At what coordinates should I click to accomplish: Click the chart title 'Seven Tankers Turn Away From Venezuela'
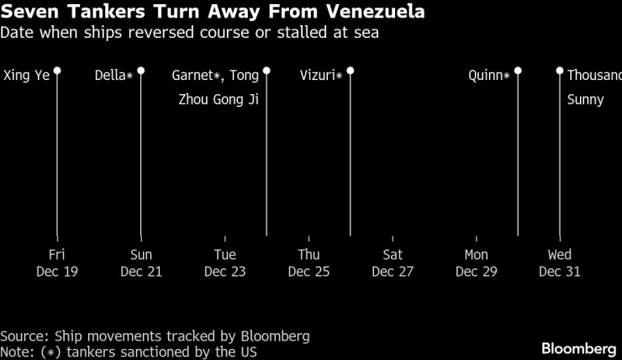coord(212,13)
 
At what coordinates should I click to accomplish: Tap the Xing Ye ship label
coord(27,75)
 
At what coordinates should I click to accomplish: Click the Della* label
coord(114,75)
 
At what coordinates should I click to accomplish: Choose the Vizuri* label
coord(321,75)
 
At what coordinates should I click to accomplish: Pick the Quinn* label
coord(489,75)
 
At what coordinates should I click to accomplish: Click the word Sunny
coord(585,99)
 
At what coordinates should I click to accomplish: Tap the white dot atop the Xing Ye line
coord(57,71)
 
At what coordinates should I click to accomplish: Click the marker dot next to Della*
coord(141,71)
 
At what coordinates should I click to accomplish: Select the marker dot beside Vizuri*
coord(351,71)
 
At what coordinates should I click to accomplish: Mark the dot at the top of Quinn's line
coord(518,71)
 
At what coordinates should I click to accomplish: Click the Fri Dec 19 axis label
coord(57,262)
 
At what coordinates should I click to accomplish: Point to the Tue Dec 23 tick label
coord(225,262)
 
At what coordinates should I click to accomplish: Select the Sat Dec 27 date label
coord(393,262)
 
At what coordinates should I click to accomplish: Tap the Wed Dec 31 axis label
coord(560,262)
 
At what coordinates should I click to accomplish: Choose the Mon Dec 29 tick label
coord(476,262)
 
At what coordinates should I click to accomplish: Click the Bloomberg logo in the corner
coord(579,348)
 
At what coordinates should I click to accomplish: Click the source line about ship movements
coord(155,336)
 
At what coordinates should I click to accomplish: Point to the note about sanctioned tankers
coord(128,352)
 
